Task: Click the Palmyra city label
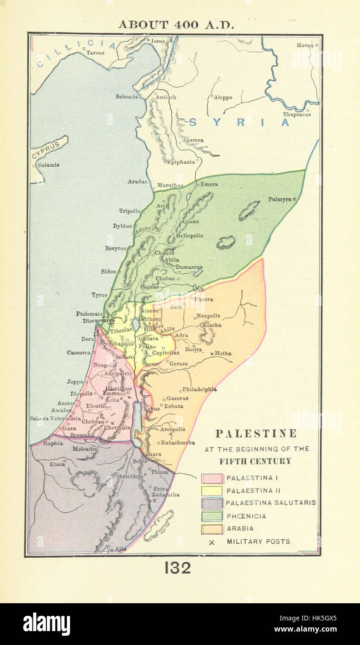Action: point(280,199)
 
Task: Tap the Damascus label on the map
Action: point(189,267)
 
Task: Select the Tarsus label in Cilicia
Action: point(95,52)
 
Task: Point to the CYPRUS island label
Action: point(46,150)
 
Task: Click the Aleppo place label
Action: point(223,97)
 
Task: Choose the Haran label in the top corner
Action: point(305,45)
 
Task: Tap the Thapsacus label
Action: point(297,114)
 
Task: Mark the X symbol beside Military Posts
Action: point(212,542)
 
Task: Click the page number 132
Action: point(178,568)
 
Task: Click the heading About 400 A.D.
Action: point(176,25)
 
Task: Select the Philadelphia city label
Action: point(199,389)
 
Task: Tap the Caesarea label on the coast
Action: point(78,353)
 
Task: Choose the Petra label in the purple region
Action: point(161,489)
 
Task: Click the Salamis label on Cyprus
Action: point(48,165)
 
